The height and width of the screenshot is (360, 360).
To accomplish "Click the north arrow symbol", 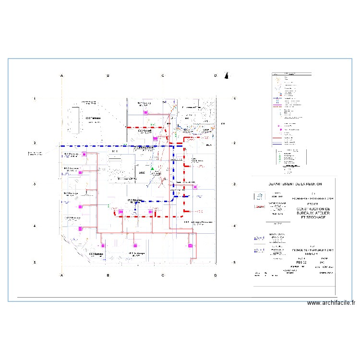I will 227,75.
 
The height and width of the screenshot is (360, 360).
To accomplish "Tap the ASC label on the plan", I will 142,172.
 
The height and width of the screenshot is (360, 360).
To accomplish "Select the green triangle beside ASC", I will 152,169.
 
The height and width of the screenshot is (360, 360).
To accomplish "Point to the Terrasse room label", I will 93,118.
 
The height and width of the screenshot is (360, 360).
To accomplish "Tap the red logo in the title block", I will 260,206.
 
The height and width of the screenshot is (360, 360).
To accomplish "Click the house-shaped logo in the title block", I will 259,196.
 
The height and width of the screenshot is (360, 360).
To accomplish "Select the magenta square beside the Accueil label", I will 155,139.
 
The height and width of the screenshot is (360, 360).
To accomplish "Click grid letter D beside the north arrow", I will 216,75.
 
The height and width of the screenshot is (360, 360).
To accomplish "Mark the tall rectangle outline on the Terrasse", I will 74,120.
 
